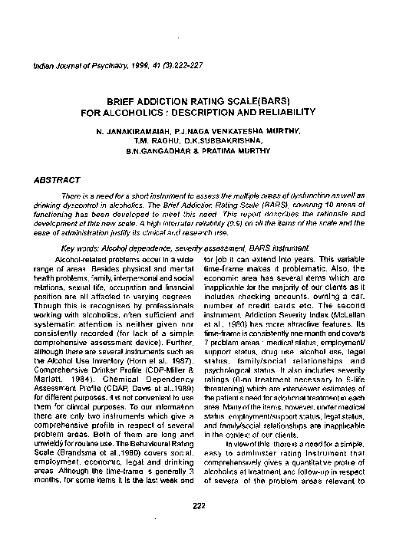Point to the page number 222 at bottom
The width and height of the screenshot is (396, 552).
(x=198, y=485)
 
